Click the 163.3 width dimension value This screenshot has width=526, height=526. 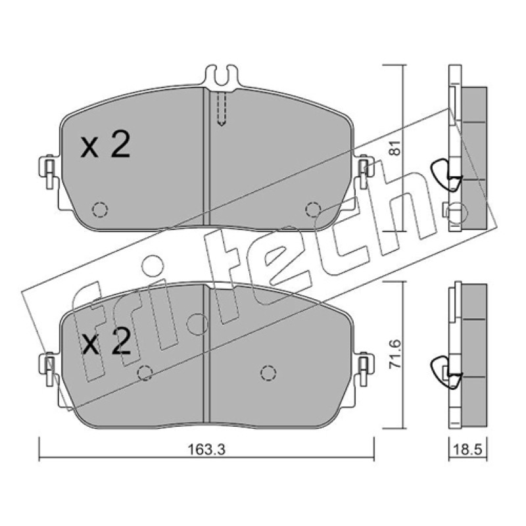tap(206, 450)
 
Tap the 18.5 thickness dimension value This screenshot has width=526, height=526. tap(467, 450)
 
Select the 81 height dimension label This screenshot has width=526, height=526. tap(395, 147)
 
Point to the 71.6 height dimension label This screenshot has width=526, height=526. tap(395, 354)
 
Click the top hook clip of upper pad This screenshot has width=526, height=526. tap(222, 76)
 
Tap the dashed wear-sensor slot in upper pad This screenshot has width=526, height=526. tap(222, 108)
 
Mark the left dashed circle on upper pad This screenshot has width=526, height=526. tap(100, 210)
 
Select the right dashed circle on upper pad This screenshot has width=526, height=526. tap(314, 210)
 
